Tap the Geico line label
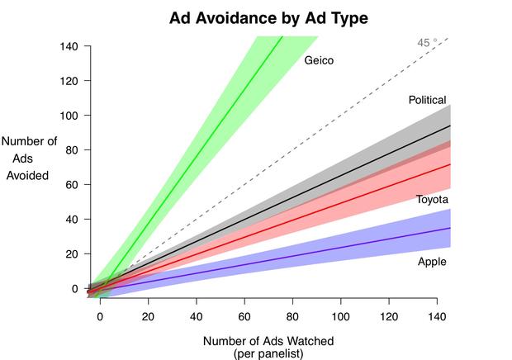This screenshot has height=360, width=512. (x=319, y=60)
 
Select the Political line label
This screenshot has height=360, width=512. (x=427, y=100)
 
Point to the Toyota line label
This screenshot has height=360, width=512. (x=432, y=200)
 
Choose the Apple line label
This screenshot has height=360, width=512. (x=432, y=261)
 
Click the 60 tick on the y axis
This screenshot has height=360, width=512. (x=72, y=185)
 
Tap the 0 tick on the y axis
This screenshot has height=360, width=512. (x=75, y=289)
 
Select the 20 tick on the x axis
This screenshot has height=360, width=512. (x=149, y=315)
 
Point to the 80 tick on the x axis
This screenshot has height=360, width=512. (x=293, y=315)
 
